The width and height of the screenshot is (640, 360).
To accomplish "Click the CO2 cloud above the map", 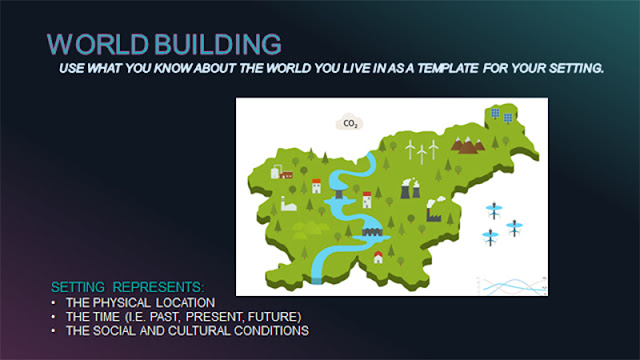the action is tap(350, 122).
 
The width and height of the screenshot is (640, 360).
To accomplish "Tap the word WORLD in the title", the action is tap(98, 44).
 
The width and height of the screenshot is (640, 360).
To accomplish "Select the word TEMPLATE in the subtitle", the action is tap(447, 68).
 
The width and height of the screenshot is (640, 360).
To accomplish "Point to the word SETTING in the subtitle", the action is tap(576, 68).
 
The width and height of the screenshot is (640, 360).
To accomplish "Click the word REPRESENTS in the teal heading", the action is tap(158, 287).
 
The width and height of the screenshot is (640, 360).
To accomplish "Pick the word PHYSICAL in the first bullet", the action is tap(121, 303).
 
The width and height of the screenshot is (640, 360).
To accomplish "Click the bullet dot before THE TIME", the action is tap(53, 317).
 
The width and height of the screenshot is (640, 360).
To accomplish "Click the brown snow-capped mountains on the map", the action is tap(468, 145).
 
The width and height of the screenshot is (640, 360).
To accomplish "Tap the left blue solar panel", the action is tap(495, 113).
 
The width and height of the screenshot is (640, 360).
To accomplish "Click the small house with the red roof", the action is tap(378, 258).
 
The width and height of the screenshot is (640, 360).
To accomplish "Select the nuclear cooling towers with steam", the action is tap(410, 189).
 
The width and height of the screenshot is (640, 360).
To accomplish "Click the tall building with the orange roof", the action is tap(316, 186).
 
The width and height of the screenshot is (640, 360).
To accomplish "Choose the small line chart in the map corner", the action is tap(512, 286).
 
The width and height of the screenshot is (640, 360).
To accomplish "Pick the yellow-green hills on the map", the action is tap(309, 230).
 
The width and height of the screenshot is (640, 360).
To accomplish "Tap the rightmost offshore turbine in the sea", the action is tap(514, 228).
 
